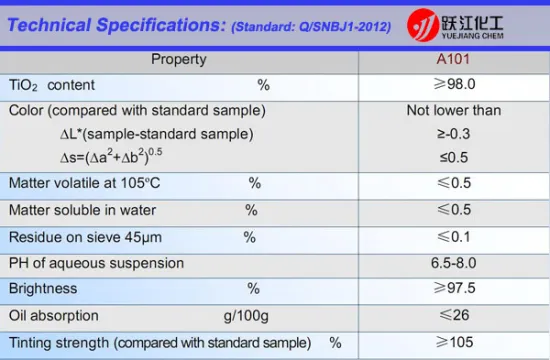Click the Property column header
[179, 59]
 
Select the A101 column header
[454, 59]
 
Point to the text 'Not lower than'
[454, 110]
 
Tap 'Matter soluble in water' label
[84, 210]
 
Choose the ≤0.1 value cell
[454, 237]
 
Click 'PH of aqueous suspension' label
[96, 263]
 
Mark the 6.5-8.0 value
[454, 263]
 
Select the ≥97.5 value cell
[454, 289]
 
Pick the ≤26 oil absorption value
[454, 316]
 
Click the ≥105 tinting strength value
[454, 342]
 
